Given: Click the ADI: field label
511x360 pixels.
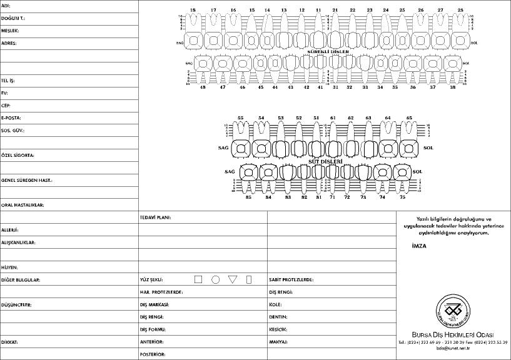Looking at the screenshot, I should click(x=6, y=6).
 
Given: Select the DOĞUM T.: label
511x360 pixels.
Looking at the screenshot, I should click(x=13, y=18).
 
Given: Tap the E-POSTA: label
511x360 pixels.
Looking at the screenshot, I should click(x=11, y=117).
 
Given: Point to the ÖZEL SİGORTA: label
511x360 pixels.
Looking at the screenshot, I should click(x=18, y=154).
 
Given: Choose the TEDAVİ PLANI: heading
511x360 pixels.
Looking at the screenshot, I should click(x=155, y=217).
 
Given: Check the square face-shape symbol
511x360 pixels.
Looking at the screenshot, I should click(x=198, y=279).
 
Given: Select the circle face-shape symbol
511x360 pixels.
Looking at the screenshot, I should click(x=216, y=279).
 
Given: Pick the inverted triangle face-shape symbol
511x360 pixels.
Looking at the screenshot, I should click(x=233, y=279).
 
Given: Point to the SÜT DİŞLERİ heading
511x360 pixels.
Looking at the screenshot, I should click(x=326, y=161).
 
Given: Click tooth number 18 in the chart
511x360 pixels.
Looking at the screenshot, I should click(x=193, y=11).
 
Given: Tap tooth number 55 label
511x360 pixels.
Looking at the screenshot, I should click(x=240, y=117).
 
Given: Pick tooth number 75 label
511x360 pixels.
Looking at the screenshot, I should click(x=402, y=197).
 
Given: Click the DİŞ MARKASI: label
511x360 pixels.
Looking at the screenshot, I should click(x=154, y=304).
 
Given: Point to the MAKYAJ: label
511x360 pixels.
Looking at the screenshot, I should click(x=278, y=342).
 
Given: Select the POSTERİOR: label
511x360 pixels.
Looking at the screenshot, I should click(x=153, y=354).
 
